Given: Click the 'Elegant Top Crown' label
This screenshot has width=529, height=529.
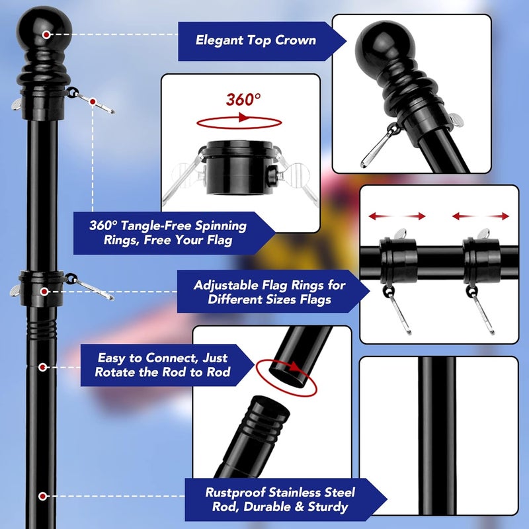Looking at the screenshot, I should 255,40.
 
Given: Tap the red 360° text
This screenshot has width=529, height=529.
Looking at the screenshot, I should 243,100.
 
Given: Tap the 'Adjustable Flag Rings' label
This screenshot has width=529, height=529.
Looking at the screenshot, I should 269,292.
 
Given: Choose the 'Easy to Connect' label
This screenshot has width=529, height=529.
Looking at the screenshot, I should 162,365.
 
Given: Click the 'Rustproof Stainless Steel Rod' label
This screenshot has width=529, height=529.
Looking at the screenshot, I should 279,499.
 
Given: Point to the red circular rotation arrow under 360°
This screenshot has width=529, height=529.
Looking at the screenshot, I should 239,122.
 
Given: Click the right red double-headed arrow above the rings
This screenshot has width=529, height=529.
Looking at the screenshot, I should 481,216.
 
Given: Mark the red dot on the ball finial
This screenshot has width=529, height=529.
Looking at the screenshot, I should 46,34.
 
